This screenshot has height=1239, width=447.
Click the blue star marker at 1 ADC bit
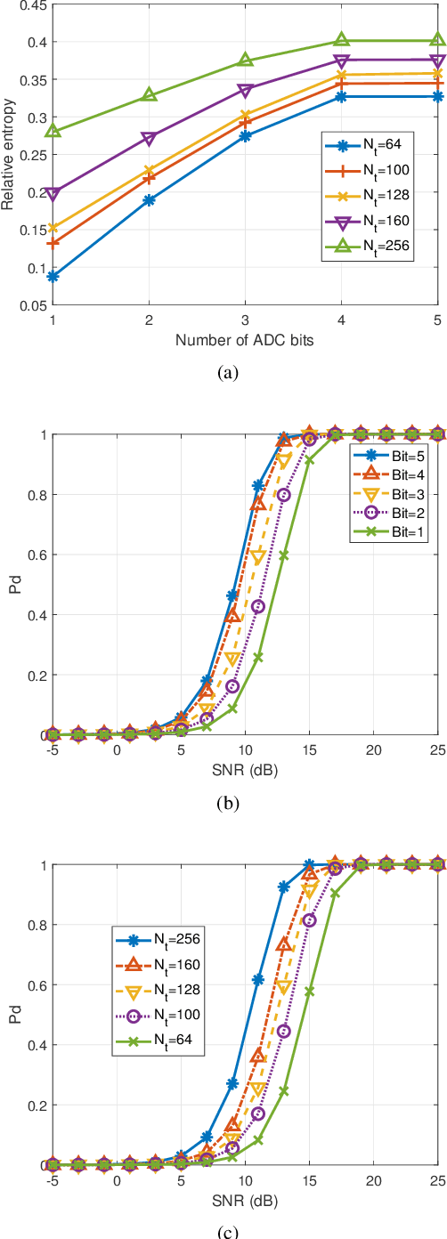click(x=53, y=277)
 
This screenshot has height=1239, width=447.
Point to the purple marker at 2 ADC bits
click(x=150, y=138)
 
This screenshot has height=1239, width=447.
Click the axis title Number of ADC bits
click(x=246, y=340)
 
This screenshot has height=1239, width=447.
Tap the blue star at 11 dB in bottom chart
click(x=258, y=979)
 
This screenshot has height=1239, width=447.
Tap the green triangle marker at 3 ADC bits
click(x=246, y=61)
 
